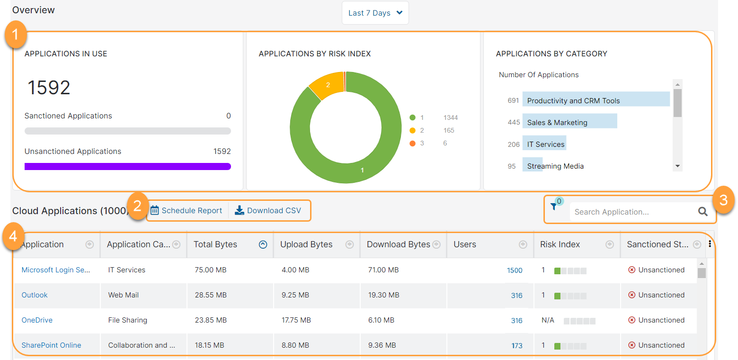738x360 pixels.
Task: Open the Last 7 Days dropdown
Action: [375, 13]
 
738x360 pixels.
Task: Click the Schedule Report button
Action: [187, 210]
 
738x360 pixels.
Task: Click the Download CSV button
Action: [268, 210]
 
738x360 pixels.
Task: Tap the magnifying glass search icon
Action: [703, 212]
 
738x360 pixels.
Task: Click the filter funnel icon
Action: [553, 207]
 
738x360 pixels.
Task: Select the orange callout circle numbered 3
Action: [722, 199]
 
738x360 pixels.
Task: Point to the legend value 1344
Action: [450, 117]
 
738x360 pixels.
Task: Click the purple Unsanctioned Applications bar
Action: [128, 166]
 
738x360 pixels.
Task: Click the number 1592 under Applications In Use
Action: [49, 88]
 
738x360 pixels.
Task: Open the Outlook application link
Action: [35, 295]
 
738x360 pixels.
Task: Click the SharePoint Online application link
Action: [51, 345]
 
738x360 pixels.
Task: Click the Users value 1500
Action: [515, 270]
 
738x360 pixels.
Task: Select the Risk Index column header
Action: [560, 244]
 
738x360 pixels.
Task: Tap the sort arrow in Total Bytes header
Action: [263, 244]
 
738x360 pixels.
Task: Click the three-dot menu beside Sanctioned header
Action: [710, 243]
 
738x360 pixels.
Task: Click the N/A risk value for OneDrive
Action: [548, 320]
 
